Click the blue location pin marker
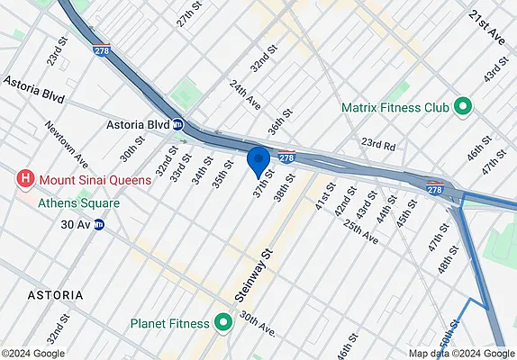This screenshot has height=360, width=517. point(259,161)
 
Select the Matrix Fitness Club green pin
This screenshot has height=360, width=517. point(464,108)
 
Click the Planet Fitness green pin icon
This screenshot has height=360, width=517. point(222,323)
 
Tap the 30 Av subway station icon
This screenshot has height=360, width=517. point(99,225)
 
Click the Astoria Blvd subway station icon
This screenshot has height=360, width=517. point(179,125)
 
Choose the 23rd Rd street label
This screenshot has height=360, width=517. point(379,143)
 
